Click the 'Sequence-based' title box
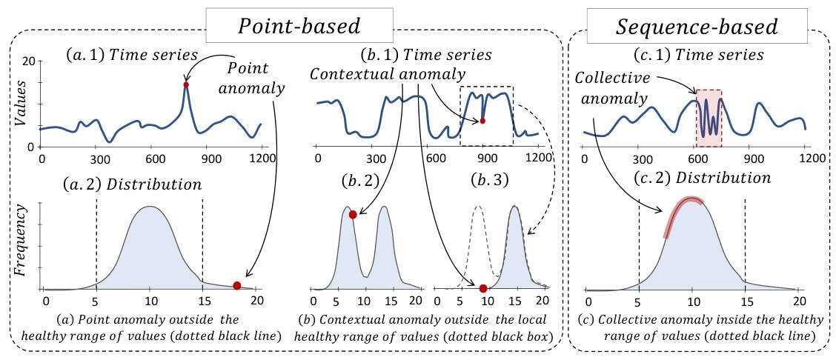[x=697, y=27]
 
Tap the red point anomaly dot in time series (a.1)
[x=186, y=84]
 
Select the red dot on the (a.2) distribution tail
[x=236, y=285]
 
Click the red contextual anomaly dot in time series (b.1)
[x=482, y=121]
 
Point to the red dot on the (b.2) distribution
[x=353, y=214]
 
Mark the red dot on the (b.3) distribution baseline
[x=482, y=288]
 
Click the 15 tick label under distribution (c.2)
[x=744, y=302]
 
